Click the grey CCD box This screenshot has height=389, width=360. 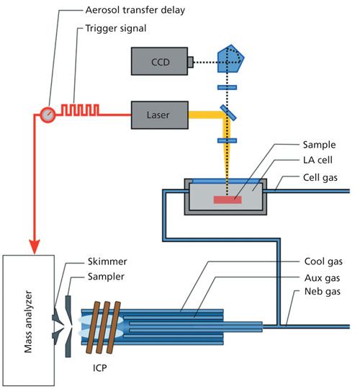159,61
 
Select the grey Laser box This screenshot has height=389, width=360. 159,115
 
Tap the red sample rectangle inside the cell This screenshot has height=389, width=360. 228,200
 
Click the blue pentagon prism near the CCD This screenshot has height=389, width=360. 230,59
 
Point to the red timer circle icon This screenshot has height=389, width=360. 48,115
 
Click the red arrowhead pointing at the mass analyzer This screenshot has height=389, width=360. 35,246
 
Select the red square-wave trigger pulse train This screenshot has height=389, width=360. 80,110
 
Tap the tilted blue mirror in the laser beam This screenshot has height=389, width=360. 228,112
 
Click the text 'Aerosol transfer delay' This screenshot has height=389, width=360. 135,10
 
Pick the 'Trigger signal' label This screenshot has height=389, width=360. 116,29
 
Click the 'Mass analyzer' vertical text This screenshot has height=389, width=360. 28,321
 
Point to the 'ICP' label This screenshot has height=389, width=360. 100,367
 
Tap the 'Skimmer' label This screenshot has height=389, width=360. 107,261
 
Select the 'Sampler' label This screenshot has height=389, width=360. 106,277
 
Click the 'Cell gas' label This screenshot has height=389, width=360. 320,178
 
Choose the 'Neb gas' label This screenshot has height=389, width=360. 323,291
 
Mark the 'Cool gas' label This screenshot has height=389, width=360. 323,261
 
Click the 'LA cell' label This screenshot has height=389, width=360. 318,160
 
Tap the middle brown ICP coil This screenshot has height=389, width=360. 103,327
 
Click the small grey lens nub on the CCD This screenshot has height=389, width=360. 190,62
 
